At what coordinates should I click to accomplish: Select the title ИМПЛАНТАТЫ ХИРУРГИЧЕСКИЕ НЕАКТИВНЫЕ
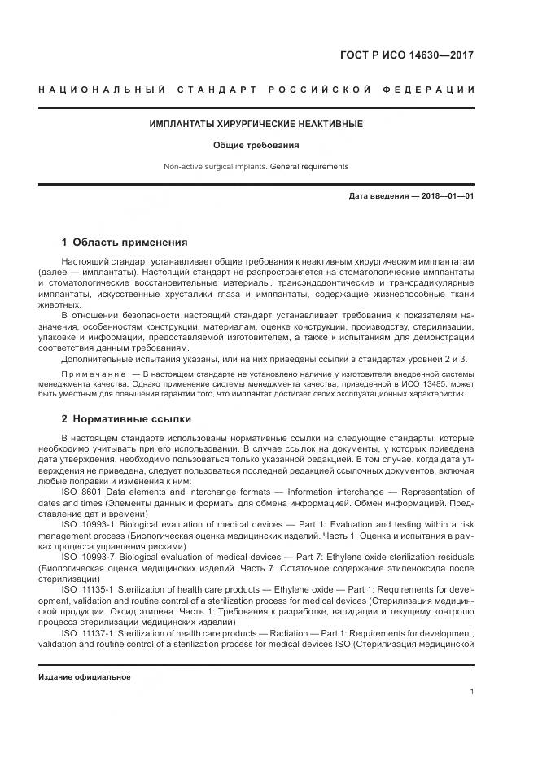coord(256,124)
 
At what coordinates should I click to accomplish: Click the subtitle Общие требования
coord(256,146)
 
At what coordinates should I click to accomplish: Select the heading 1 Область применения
coord(125,242)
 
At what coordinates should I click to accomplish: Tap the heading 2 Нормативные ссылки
coord(126,419)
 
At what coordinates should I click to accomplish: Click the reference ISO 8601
coord(83,492)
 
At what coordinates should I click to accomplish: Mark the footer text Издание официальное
coord(84,676)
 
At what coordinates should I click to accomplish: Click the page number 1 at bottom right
coord(471,691)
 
